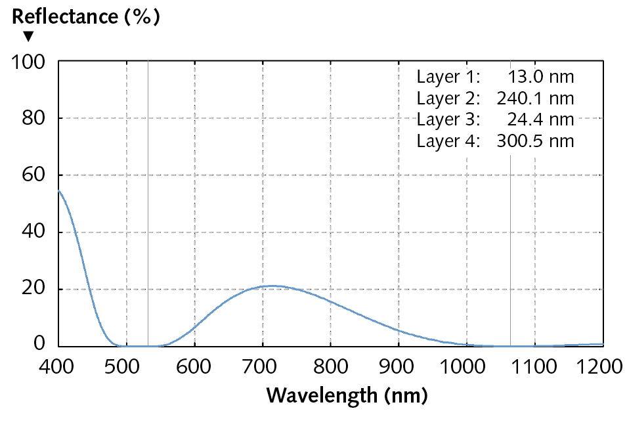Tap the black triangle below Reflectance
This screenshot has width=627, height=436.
28,36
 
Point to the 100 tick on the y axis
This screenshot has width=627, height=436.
30,62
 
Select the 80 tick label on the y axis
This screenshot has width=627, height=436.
33,119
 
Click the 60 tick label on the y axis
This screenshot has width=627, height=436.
33,175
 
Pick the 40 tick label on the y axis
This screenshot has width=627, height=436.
33,232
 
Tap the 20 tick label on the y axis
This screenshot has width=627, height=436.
33,289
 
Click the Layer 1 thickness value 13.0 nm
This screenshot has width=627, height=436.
541,77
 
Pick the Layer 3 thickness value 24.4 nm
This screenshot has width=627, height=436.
541,120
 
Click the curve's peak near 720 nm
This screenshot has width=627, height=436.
272,286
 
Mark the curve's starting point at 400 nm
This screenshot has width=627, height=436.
59,191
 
